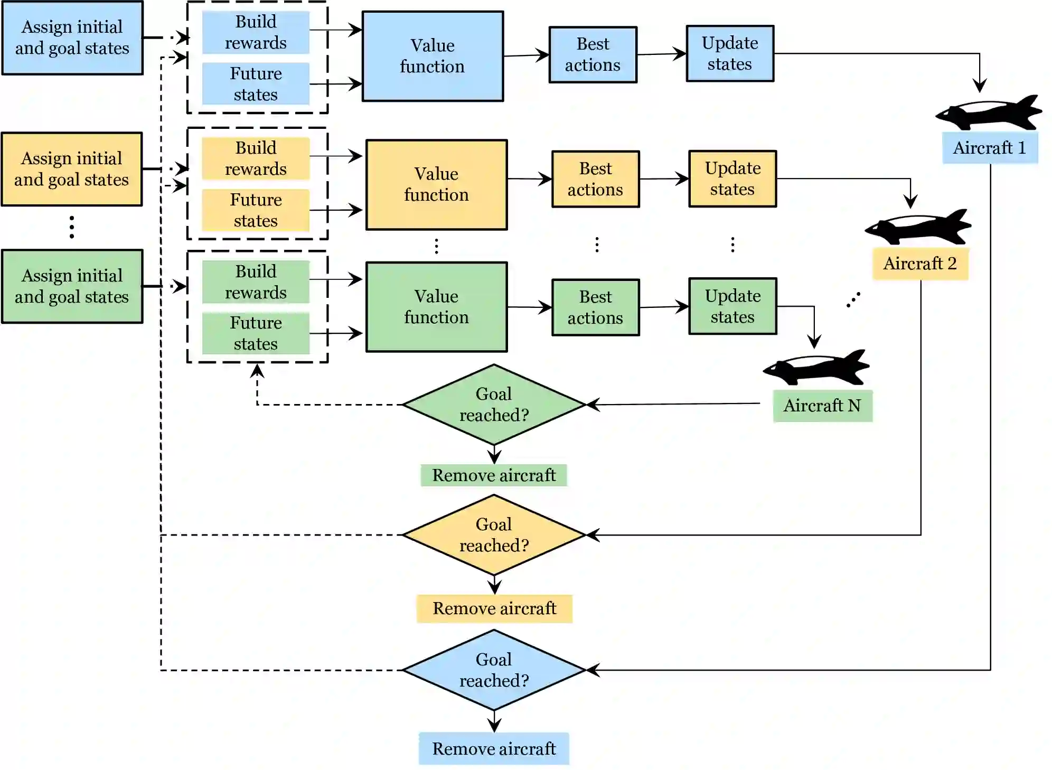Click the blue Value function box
tap(432, 56)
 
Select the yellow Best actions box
tap(595, 179)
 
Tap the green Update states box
tap(732, 306)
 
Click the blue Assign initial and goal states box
tap(72, 37)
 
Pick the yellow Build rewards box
tap(256, 158)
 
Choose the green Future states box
tap(256, 333)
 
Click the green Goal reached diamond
tap(494, 405)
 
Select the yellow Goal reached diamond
tap(494, 534)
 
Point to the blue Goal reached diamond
tap(494, 670)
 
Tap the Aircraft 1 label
tap(990, 148)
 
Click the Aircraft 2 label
tap(920, 263)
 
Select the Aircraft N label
tap(822, 406)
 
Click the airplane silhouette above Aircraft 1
tap(989, 113)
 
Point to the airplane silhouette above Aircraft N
tap(816, 368)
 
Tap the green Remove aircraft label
tap(494, 475)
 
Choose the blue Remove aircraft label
tap(494, 748)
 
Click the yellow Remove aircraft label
tap(494, 608)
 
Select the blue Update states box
tap(730, 53)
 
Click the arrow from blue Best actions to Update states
tap(661, 54)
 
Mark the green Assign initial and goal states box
tap(72, 286)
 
